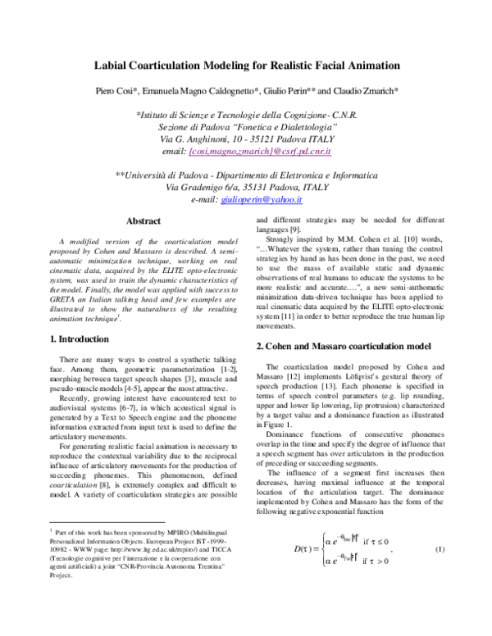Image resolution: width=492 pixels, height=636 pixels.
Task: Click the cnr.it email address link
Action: [259, 152]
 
